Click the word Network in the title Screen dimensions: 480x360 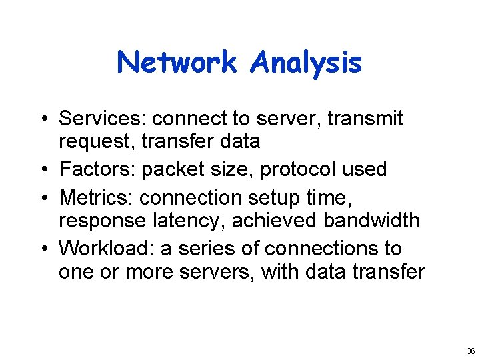(x=177, y=63)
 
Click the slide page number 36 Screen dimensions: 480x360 (x=471, y=351)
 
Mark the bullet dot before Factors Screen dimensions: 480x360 (x=41, y=170)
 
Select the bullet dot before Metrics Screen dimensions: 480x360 (x=41, y=198)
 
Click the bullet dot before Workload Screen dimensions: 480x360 (x=41, y=249)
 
